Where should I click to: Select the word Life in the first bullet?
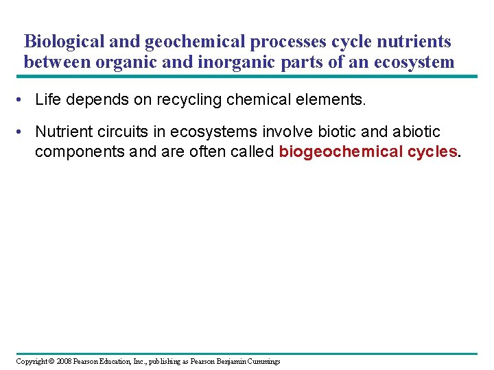tap(48, 101)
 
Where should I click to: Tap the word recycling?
tap(188, 101)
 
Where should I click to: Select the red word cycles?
tap(431, 151)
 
